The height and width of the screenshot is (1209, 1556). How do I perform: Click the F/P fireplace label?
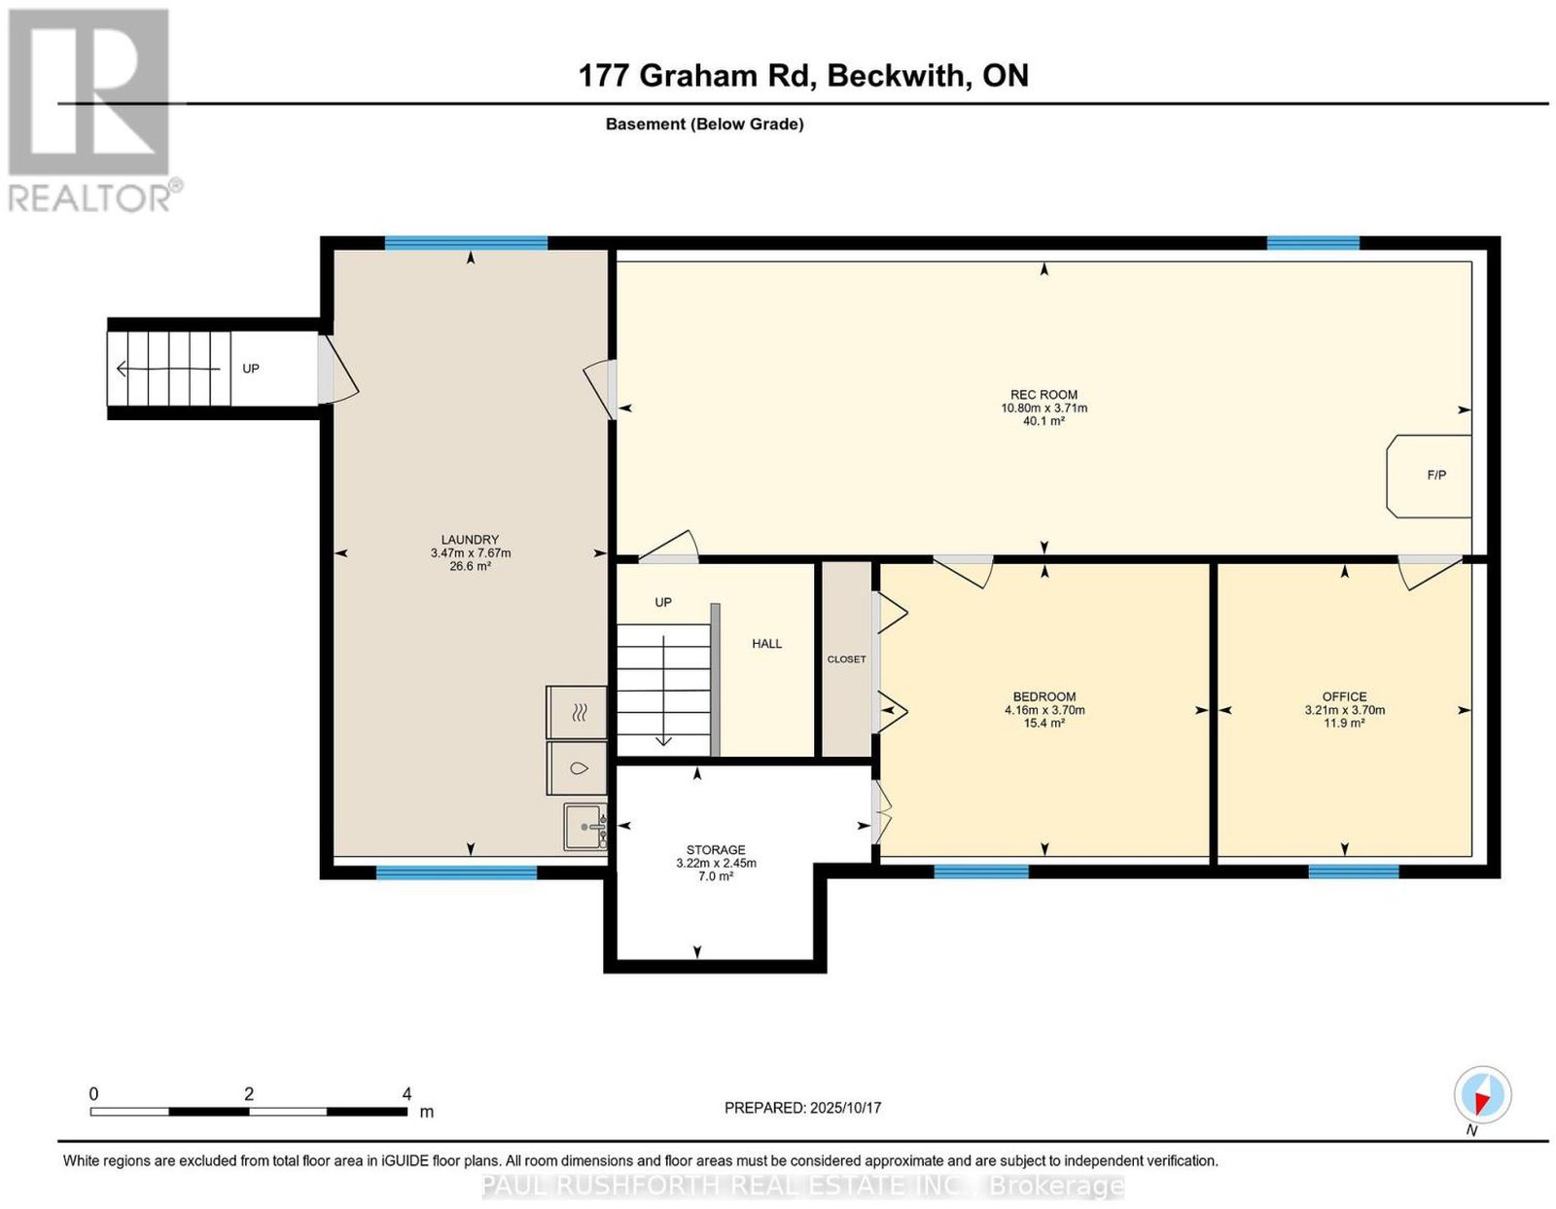click(1436, 476)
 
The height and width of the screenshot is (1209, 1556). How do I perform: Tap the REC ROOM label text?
click(1043, 395)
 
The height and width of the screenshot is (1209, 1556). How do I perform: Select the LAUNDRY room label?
click(470, 540)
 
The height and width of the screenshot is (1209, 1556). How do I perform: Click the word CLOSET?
click(846, 659)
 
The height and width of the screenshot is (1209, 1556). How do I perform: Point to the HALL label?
click(766, 644)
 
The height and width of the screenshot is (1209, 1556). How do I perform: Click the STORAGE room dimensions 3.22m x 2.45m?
click(716, 863)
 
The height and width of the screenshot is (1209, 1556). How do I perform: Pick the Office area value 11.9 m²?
click(1344, 723)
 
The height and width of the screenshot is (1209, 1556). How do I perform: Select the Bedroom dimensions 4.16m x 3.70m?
click(1044, 710)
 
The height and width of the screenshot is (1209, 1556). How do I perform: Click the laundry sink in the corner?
click(585, 827)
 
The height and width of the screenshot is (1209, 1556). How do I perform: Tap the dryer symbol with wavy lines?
click(577, 712)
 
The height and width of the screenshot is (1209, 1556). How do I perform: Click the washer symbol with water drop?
click(577, 768)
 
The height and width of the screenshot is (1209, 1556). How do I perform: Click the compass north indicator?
click(1482, 1094)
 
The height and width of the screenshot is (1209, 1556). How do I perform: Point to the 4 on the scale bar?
click(407, 1094)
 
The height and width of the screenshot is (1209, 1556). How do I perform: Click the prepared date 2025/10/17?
click(845, 1107)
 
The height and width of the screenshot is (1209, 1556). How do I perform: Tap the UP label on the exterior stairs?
click(251, 369)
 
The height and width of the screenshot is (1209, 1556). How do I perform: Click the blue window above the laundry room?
click(466, 242)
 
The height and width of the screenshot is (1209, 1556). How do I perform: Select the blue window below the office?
click(1354, 871)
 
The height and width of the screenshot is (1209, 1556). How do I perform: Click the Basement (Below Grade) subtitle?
click(705, 124)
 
